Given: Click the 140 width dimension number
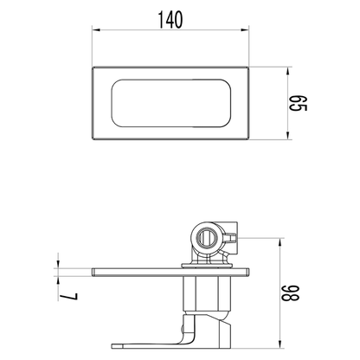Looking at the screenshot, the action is (170, 20).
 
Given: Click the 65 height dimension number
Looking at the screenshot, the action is (299, 103).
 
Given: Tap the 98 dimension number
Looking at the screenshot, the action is (291, 293).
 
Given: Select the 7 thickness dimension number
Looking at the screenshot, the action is (68, 297).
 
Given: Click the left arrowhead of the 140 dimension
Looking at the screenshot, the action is (96, 30).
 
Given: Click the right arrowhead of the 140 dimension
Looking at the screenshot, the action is (245, 30).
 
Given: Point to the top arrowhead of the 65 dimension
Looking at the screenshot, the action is (287, 71).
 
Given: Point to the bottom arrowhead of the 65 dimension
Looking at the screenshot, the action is (287, 136).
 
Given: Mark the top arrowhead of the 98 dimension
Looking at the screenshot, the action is (280, 242).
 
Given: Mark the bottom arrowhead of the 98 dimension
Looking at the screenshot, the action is (280, 344).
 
